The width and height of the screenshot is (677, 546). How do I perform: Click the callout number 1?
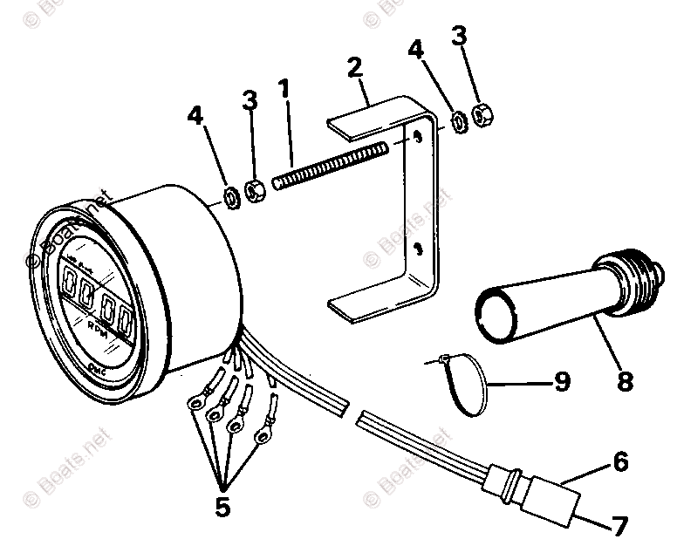click(283, 88)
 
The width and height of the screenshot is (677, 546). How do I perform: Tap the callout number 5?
click(222, 507)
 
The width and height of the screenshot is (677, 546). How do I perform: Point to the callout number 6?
click(619, 462)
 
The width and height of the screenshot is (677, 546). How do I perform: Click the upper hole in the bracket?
click(418, 137)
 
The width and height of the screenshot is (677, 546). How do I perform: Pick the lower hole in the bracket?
click(419, 249)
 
